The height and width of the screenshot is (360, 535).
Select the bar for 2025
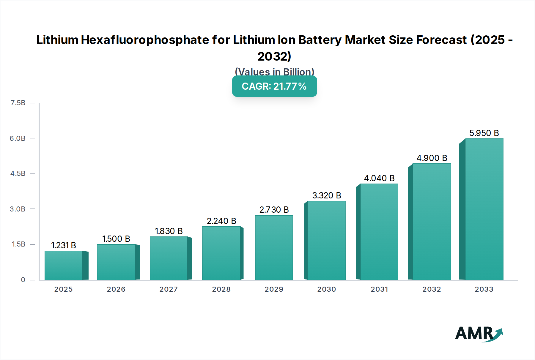point(64,265)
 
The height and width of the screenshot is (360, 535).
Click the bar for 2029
point(274,247)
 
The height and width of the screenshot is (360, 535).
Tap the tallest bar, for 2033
point(484,209)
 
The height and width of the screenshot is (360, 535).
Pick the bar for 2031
point(379,232)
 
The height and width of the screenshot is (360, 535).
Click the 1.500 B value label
point(116,239)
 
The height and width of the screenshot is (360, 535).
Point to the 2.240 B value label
point(221,221)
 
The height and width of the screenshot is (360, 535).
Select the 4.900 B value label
point(432,158)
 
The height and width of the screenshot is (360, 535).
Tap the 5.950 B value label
point(484,133)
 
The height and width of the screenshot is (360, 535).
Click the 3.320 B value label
point(326,195)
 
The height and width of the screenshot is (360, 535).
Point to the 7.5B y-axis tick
point(18,103)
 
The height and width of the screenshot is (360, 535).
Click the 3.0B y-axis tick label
point(18,209)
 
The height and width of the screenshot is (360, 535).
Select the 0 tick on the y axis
point(23,280)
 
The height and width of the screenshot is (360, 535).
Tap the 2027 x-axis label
point(169,289)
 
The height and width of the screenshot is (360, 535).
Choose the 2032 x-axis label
point(432,289)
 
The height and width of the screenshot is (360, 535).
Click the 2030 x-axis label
point(326,289)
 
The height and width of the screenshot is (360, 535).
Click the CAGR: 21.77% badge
point(274,86)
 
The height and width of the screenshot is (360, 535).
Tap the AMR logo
point(479,334)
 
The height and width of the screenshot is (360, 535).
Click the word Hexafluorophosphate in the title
point(145,40)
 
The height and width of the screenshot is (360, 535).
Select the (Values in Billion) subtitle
point(274,72)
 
